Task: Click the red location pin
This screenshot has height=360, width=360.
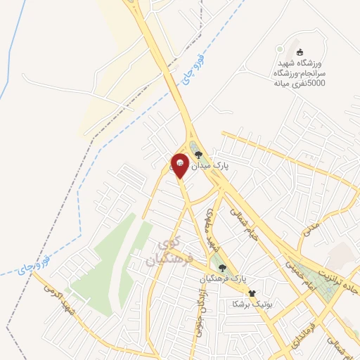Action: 180,165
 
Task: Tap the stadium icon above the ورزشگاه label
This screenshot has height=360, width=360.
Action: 300,52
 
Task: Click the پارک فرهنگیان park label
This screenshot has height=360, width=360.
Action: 227,279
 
